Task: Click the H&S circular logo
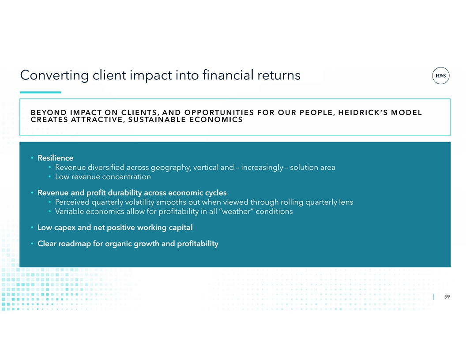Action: click(x=440, y=76)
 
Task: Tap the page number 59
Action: click(x=447, y=297)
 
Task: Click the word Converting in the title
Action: click(x=55, y=75)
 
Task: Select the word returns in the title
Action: click(x=279, y=75)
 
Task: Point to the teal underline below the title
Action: click(x=41, y=92)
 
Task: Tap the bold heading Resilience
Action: click(x=55, y=158)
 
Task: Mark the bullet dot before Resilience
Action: click(x=32, y=158)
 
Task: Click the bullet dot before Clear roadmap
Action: click(x=32, y=244)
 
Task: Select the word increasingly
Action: click(x=262, y=168)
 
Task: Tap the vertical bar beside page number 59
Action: click(x=434, y=297)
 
